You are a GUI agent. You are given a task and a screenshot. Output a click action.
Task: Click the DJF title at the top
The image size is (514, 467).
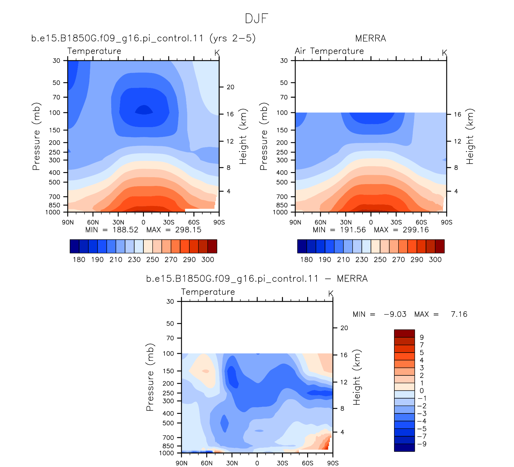point(256,19)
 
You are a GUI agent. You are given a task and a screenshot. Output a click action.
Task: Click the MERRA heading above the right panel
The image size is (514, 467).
point(370,38)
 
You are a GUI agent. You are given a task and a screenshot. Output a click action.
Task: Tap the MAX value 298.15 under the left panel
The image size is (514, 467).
point(188,230)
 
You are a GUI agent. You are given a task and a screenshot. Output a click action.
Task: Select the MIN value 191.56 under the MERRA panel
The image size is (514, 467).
point(353,230)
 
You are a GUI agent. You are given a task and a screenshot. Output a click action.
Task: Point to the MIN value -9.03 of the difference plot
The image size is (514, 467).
point(395,314)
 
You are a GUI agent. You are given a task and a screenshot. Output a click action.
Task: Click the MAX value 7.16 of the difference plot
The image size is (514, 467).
point(459,314)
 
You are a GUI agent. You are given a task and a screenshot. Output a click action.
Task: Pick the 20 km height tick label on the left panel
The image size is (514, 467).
point(230,87)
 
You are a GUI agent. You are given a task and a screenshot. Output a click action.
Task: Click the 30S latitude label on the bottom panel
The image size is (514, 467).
point(282,463)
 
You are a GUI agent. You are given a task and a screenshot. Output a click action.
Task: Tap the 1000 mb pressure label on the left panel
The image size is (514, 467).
point(53,212)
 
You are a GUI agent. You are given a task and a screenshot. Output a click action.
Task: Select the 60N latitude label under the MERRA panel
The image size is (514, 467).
point(320,222)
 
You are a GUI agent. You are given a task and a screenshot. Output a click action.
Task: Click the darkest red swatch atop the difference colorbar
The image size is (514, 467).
point(404,333)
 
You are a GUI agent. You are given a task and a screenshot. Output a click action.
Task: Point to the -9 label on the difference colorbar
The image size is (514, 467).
point(422,444)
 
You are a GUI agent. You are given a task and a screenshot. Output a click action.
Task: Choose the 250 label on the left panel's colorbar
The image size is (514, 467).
point(153,259)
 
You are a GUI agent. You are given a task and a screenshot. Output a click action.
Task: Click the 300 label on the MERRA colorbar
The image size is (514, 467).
point(435,259)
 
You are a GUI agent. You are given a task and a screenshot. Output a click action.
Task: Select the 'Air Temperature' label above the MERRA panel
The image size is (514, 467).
point(329,51)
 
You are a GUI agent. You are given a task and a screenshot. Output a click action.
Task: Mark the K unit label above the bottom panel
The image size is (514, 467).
point(331,293)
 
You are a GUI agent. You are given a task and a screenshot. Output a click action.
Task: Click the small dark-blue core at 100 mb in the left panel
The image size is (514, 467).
point(144,110)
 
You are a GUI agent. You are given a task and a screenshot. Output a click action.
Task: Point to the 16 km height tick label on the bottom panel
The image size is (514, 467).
point(344,355)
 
